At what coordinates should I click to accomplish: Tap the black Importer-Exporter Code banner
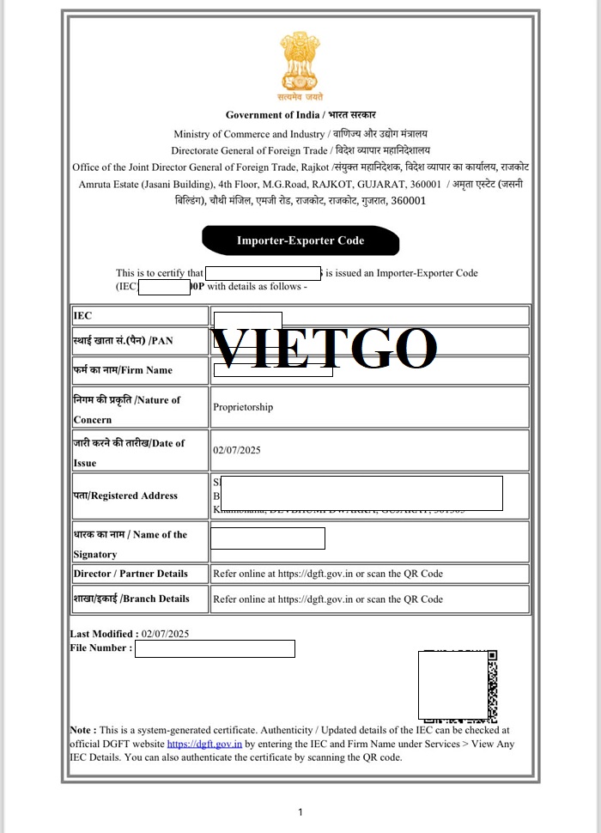click(300, 241)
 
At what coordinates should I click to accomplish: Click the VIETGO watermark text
click(325, 348)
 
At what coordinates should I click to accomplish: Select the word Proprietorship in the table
click(243, 407)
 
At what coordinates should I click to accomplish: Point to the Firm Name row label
click(123, 370)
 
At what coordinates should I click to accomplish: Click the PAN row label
click(123, 341)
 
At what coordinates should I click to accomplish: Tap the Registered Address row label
click(125, 496)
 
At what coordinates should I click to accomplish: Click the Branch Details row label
click(131, 599)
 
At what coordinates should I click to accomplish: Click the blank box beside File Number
click(215, 648)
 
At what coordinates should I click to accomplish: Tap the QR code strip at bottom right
click(492, 685)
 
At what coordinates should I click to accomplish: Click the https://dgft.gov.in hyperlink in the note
click(204, 744)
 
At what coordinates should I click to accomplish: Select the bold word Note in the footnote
click(82, 730)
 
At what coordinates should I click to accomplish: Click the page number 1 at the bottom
click(300, 812)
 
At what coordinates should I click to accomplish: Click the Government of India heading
click(300, 115)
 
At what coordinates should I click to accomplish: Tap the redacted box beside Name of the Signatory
click(268, 538)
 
